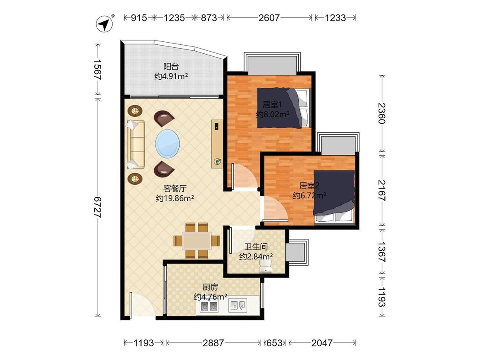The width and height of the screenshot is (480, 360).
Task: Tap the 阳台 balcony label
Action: (171, 66)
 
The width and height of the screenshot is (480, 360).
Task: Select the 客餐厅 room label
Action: (175, 188)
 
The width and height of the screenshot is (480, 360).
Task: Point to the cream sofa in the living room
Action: (135, 144)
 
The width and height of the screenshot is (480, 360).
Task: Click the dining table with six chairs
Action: (197, 241)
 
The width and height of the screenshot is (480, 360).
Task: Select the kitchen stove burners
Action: (209, 305)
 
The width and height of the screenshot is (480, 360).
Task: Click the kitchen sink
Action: (238, 305)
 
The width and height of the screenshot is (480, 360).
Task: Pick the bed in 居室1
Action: (283, 107)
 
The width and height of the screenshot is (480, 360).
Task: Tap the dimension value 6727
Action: (97, 207)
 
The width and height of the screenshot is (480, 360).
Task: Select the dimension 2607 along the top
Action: (269, 18)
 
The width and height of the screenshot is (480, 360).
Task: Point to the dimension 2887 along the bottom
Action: (213, 343)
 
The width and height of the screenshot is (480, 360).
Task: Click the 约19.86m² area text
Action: (175, 198)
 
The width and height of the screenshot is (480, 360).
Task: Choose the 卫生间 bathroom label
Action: (256, 247)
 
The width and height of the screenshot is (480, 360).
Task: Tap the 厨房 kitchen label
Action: (210, 287)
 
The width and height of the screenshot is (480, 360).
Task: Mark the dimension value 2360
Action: (382, 113)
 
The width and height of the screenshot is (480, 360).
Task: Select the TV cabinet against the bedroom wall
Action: (217, 144)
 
